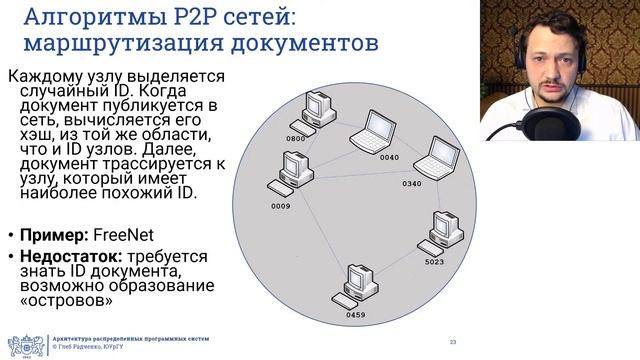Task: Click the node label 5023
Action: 434,263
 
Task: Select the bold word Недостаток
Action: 64,257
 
